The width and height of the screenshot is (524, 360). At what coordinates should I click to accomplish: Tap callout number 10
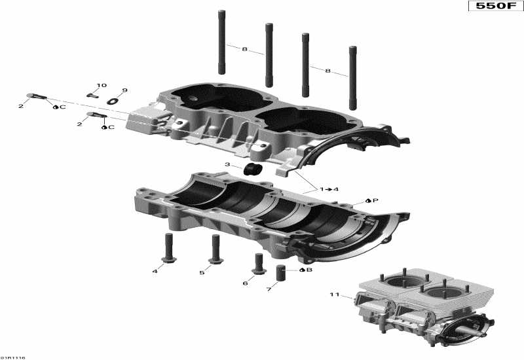click(102, 86)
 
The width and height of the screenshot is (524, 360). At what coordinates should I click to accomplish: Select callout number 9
click(124, 90)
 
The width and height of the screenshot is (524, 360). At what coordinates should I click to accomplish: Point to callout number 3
click(228, 165)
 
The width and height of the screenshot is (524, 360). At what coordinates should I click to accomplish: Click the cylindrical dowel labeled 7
click(282, 272)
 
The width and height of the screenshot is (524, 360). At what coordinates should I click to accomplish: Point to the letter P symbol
click(375, 200)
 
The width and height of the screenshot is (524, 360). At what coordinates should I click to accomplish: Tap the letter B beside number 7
click(309, 270)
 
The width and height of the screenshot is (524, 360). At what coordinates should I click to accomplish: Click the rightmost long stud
click(353, 77)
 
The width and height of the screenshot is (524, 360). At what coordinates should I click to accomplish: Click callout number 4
click(155, 271)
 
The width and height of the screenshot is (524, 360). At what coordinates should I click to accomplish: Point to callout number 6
click(245, 283)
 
